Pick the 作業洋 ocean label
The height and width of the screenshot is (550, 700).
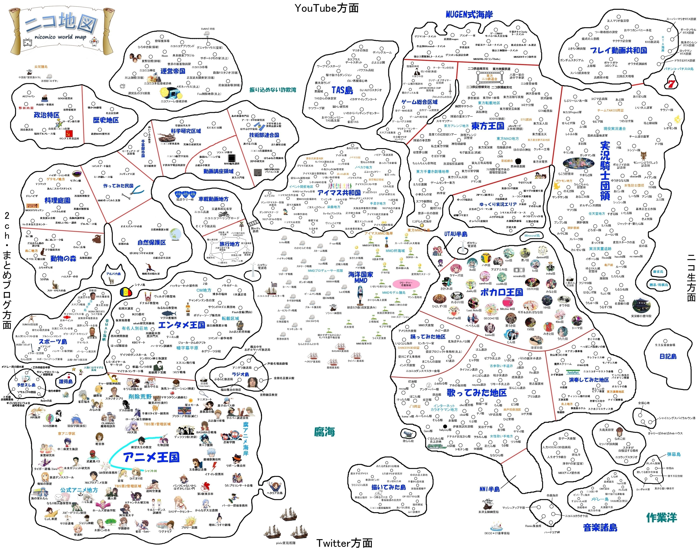pyautogui.click(x=662, y=517)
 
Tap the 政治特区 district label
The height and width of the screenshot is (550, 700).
pyautogui.click(x=47, y=115)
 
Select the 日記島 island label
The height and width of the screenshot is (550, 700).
pyautogui.click(x=668, y=356)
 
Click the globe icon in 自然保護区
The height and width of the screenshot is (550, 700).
pyautogui.click(x=176, y=233)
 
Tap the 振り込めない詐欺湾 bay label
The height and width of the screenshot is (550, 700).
pyautogui.click(x=273, y=90)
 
